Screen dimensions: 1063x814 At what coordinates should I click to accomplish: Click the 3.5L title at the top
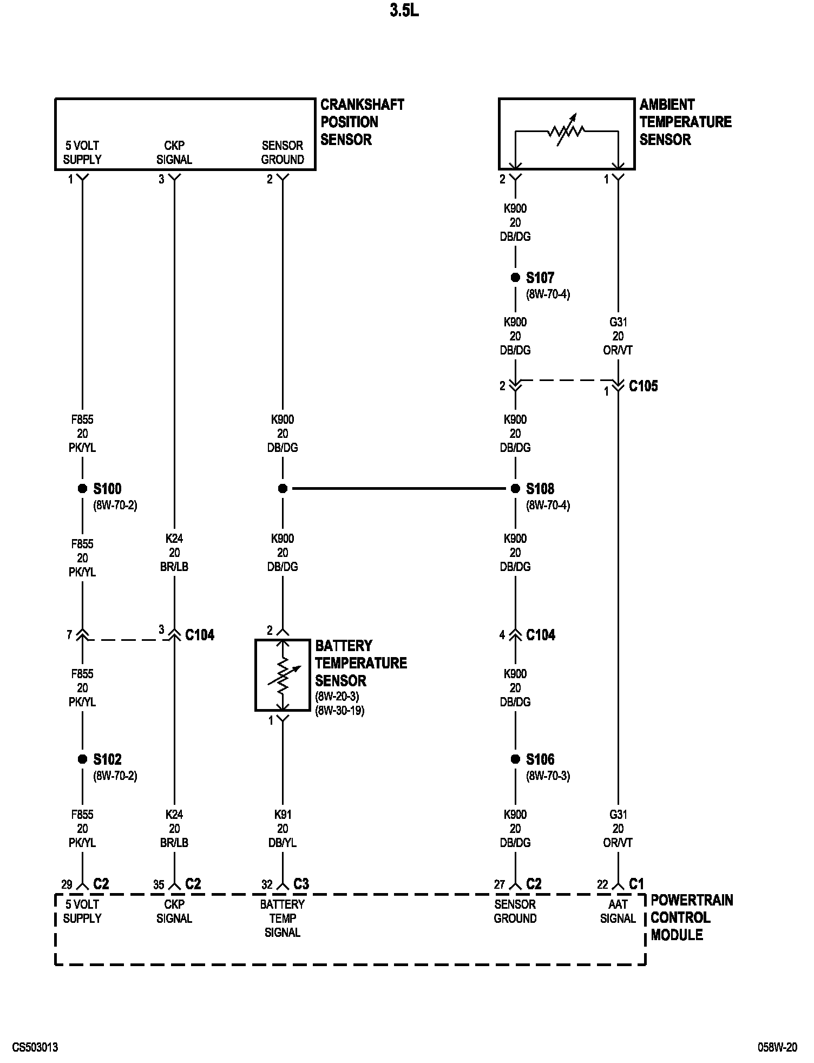tap(404, 11)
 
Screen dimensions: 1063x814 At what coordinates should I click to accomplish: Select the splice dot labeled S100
tap(82, 489)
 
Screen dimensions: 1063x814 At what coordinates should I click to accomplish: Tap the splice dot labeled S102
tap(82, 759)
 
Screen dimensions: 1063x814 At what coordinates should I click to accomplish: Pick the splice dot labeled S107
tap(515, 278)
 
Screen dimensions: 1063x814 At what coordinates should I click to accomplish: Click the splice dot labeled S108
tap(515, 489)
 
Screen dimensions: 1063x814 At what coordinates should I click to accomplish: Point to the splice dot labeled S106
tap(515, 759)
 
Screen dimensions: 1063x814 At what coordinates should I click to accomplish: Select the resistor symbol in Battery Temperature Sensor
tap(283, 675)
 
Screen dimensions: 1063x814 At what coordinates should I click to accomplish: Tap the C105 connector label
tap(643, 386)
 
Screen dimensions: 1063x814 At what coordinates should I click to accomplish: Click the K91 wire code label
tap(283, 815)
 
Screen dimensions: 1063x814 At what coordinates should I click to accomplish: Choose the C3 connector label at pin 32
tap(301, 884)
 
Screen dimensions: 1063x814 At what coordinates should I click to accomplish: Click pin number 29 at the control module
tap(67, 885)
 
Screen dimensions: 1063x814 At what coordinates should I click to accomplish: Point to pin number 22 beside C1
tap(602, 885)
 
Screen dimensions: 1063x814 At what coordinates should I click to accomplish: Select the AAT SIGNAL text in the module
tap(618, 911)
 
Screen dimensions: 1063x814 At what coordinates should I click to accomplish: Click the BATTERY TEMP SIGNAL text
tap(283, 918)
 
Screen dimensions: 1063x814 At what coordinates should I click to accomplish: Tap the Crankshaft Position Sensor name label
tap(362, 122)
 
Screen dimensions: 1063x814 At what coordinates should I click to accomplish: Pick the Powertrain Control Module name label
tap(691, 917)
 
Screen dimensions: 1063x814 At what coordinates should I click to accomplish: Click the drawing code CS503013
tap(35, 1047)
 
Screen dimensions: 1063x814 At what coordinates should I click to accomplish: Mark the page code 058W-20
tap(777, 1047)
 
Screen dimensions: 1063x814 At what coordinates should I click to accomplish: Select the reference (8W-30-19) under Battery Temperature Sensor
tap(340, 711)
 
